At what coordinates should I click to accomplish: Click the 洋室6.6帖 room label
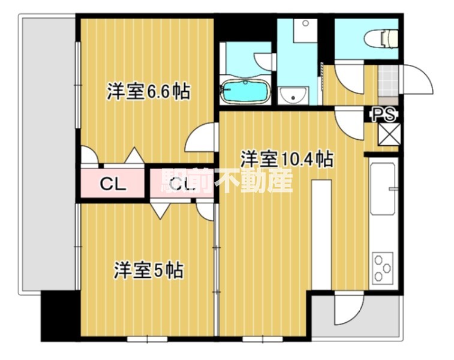(x=149, y=92)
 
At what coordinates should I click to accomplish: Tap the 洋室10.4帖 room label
(x=287, y=159)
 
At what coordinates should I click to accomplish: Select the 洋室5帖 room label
(x=149, y=270)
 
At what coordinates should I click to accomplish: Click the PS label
(x=384, y=115)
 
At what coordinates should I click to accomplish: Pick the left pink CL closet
(x=112, y=183)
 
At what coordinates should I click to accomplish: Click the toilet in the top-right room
(x=381, y=38)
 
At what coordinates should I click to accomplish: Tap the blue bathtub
(x=245, y=91)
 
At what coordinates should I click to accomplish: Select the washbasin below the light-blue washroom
(x=293, y=96)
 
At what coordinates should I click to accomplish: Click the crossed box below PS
(x=389, y=134)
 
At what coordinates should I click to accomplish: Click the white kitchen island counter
(x=321, y=235)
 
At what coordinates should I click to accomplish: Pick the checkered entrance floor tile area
(x=388, y=82)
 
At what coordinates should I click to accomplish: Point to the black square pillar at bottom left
(x=60, y=316)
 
